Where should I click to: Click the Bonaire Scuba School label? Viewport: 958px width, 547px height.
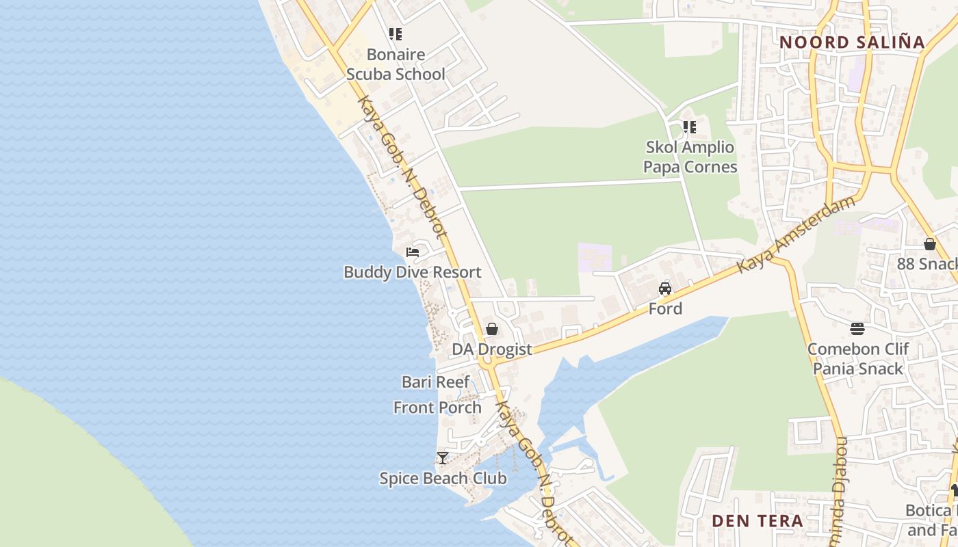coord(396,64)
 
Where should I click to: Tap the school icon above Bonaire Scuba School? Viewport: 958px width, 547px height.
coord(396,34)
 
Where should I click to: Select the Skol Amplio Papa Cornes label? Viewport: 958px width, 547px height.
coord(690,157)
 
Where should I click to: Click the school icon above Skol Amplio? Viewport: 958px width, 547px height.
coord(690,127)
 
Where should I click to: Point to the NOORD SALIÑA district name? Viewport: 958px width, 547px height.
coord(852,42)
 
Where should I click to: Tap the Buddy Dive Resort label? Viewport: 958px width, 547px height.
coord(412,272)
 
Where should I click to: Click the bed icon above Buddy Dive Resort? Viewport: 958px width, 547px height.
coord(412,252)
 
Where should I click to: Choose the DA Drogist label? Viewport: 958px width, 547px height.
coord(491,349)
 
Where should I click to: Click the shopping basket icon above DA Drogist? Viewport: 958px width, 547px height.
coord(491,329)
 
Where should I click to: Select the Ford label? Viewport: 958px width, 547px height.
coord(665,309)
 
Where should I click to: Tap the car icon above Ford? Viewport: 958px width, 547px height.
coord(665,289)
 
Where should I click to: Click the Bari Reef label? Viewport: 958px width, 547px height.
coord(436,382)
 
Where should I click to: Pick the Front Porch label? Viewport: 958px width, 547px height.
coord(437,408)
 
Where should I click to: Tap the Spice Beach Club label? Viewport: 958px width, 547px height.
coord(443,479)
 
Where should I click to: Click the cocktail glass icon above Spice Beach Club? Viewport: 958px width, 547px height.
coord(443,458)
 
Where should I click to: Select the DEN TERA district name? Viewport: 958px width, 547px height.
coord(758,521)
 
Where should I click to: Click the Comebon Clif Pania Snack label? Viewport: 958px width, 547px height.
coord(857,359)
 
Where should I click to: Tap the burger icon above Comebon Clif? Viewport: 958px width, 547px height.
coord(857,329)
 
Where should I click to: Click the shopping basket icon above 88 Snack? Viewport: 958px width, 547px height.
coord(929,244)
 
